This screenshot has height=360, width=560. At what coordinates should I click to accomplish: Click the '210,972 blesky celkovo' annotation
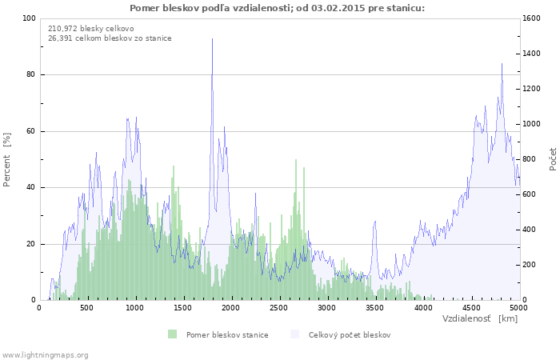pyautogui.click(x=91, y=28)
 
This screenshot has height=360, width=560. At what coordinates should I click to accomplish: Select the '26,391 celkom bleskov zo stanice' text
pyautogui.click(x=110, y=38)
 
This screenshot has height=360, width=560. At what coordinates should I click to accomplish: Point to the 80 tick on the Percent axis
pyautogui.click(x=30, y=75)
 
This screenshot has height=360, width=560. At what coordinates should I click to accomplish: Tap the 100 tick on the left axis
pyautogui.click(x=29, y=18)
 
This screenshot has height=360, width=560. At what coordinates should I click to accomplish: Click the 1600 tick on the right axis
pyautogui.click(x=532, y=18)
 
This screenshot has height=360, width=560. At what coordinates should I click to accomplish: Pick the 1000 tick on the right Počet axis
pyautogui.click(x=532, y=124)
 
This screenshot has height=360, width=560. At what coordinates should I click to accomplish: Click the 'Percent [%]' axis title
pyautogui.click(x=7, y=159)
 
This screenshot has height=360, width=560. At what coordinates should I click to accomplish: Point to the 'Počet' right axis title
pyautogui.click(x=553, y=159)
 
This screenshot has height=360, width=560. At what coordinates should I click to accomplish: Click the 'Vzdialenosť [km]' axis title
pyautogui.click(x=479, y=318)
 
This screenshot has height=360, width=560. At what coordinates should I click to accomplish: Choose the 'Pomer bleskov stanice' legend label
pyautogui.click(x=227, y=334)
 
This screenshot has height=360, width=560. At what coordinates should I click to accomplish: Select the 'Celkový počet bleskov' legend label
pyautogui.click(x=350, y=334)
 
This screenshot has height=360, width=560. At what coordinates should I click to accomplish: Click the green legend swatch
pyautogui.click(x=172, y=334)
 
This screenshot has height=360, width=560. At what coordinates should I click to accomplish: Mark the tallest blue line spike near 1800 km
pyautogui.click(x=212, y=39)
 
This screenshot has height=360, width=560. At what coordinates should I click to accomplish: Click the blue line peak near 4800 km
pyautogui.click(x=502, y=64)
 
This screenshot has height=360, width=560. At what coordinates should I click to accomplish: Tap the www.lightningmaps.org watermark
pyautogui.click(x=45, y=354)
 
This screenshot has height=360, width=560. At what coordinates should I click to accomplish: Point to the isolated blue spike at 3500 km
pyautogui.click(x=375, y=222)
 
